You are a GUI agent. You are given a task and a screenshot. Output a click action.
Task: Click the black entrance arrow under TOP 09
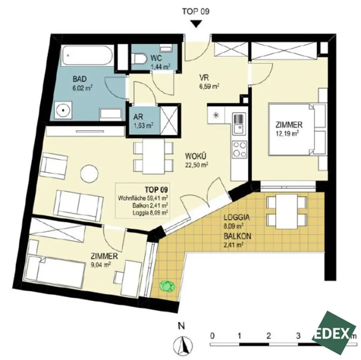196,24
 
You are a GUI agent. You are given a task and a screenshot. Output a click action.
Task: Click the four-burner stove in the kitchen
239,149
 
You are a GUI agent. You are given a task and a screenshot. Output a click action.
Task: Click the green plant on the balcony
167,286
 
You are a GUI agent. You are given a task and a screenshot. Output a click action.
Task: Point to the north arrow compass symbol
182,344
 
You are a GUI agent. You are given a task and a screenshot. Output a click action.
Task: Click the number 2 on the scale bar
269,335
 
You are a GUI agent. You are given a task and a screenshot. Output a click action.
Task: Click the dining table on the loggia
286,210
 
